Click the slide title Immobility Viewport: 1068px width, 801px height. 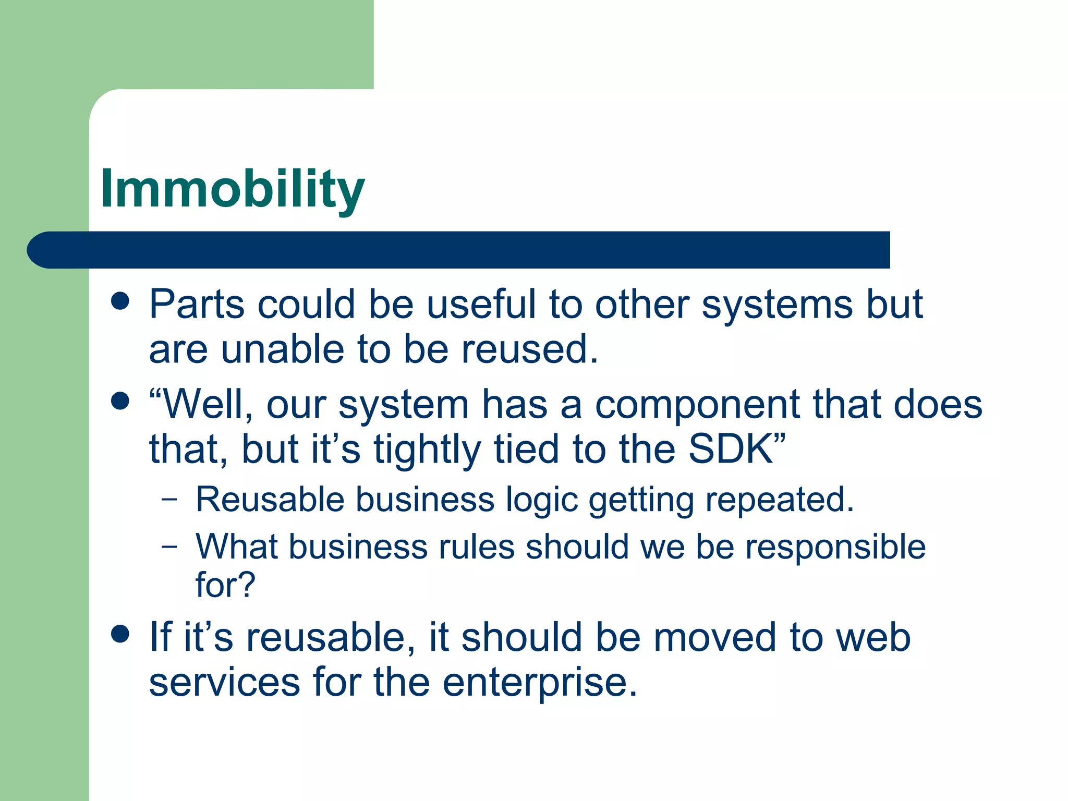232,189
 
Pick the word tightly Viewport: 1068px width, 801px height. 427,450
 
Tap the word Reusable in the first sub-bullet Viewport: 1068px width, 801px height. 270,500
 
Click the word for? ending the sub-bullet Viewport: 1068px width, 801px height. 225,585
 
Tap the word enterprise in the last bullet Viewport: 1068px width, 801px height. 540,683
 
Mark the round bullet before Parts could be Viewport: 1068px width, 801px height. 120,301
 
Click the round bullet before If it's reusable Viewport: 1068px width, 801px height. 120,634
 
